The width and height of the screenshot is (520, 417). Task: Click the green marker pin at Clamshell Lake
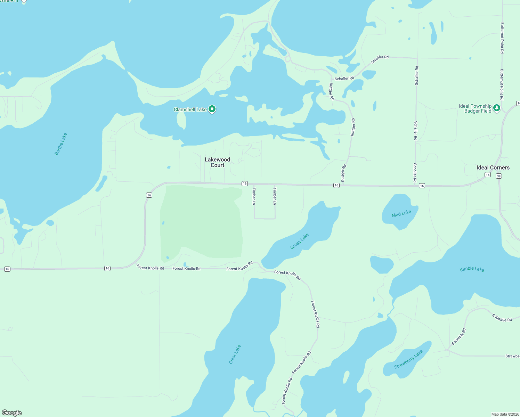click(212, 109)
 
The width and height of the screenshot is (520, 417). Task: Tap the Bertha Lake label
click(60, 144)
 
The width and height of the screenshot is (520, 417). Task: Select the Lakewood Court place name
click(217, 162)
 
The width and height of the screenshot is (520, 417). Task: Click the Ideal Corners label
click(493, 167)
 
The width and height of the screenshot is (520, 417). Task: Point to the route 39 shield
click(499, 176)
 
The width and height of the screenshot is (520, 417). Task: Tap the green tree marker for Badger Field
click(497, 108)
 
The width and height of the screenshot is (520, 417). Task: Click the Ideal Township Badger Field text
click(475, 108)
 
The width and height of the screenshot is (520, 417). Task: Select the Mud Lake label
click(401, 213)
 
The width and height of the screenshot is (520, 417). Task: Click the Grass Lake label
click(300, 241)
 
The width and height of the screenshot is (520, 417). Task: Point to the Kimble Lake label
click(472, 269)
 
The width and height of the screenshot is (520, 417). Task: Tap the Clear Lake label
click(235, 354)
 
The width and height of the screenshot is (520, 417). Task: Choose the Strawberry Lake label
click(408, 359)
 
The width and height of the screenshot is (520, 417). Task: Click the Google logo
click(12, 413)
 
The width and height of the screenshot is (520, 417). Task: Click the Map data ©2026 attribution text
click(505, 414)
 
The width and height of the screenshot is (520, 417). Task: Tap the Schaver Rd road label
click(380, 59)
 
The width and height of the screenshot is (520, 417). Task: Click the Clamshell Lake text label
click(190, 109)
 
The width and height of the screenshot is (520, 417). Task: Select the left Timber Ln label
click(254, 196)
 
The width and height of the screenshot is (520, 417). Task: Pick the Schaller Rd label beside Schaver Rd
click(344, 79)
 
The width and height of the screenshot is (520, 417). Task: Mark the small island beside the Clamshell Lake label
click(181, 120)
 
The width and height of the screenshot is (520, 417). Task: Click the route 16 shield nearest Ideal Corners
click(488, 175)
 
